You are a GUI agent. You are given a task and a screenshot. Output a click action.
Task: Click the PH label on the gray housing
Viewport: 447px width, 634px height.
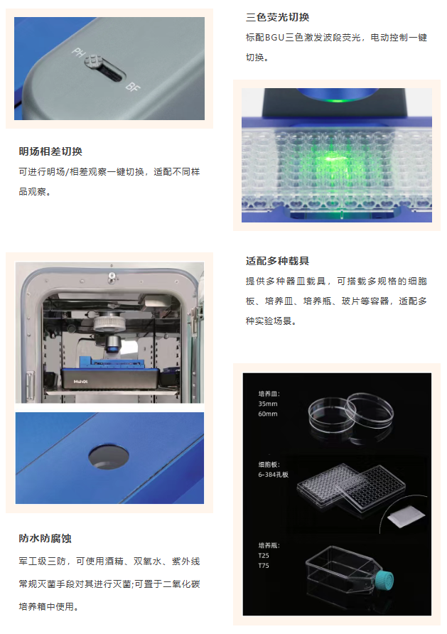point(78,53)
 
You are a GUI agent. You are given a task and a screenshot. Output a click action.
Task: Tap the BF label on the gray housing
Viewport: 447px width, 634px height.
point(133,86)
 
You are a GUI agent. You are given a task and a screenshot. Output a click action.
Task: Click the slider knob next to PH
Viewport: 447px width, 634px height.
point(93,61)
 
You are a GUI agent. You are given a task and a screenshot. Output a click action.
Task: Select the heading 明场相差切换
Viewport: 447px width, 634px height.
point(50,151)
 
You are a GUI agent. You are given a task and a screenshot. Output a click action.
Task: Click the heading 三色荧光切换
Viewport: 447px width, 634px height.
point(278,17)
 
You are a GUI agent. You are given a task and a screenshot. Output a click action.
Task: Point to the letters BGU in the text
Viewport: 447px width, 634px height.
point(275,38)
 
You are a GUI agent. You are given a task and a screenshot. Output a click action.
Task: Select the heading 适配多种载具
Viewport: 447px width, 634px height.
point(278,261)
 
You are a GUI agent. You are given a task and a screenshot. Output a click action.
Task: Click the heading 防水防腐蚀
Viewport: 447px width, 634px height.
point(45,539)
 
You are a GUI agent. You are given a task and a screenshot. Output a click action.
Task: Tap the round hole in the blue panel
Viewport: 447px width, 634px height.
point(109,456)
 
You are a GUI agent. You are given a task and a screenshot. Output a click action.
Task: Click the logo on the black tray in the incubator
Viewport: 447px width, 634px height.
point(80,381)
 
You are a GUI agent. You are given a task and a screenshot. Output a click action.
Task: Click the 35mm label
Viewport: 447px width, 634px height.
point(268,404)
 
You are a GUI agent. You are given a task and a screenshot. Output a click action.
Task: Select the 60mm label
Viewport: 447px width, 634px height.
point(268,414)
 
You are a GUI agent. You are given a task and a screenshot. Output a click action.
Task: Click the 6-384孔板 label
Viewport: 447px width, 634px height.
point(273,475)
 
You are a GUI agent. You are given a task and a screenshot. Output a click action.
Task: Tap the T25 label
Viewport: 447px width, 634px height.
point(264,556)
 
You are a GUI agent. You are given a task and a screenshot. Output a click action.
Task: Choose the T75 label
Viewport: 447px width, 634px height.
point(264,566)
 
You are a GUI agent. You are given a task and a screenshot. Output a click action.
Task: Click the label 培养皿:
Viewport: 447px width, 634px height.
point(269,394)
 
